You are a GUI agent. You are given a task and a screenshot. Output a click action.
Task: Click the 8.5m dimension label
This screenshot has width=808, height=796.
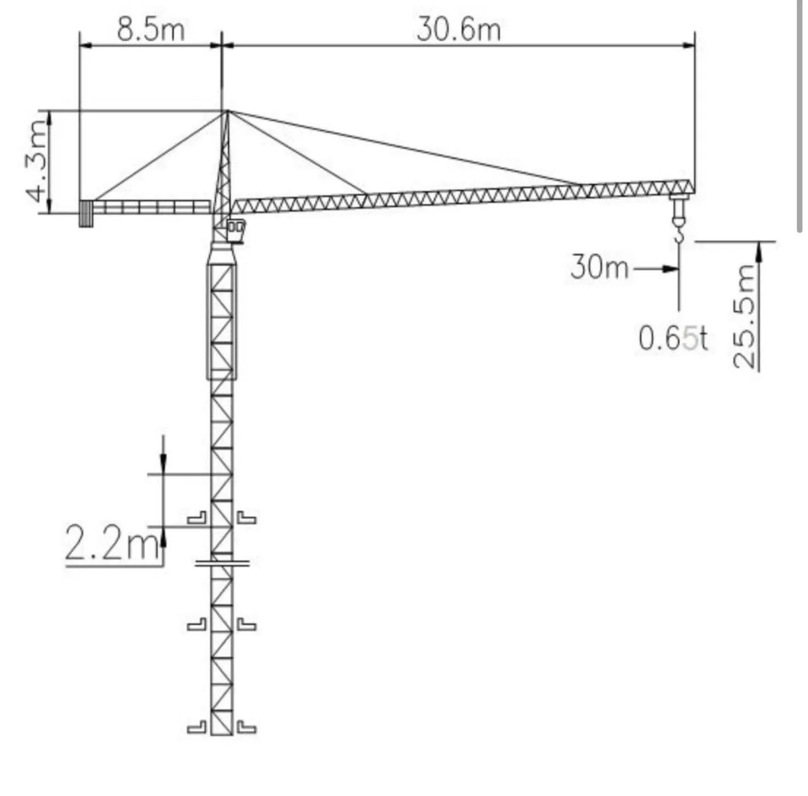(150, 30)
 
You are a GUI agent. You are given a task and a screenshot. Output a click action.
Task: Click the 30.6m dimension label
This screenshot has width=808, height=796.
(459, 30)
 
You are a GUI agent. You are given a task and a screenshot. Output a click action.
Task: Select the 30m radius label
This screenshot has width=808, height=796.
(600, 267)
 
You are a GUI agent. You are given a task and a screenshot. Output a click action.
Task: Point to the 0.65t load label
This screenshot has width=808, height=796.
(672, 339)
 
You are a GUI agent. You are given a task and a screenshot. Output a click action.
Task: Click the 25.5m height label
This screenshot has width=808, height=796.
(745, 317)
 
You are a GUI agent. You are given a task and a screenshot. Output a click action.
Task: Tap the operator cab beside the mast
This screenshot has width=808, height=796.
(235, 231)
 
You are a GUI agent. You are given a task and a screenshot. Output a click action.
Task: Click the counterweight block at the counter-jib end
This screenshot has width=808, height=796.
(85, 214)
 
